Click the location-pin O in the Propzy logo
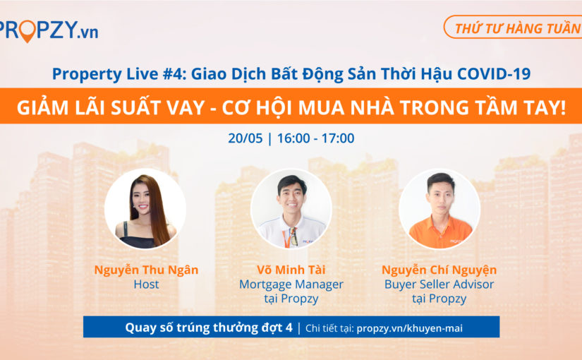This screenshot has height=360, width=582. tap(27, 30)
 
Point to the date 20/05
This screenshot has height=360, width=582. tap(242, 138)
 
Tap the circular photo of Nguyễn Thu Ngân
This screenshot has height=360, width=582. tap(145, 208)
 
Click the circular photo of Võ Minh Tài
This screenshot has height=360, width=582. tap(291, 208)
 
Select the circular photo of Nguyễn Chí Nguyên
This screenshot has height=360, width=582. tap(439, 208)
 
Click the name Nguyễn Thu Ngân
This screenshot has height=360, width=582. tap(146, 270)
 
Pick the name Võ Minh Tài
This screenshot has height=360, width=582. tap(291, 270)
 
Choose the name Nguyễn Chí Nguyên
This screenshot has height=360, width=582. tap(439, 270)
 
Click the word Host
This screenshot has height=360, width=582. tap(146, 284)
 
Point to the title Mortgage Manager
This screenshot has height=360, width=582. tap(291, 284)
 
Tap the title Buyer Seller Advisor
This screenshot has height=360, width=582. tap(439, 284)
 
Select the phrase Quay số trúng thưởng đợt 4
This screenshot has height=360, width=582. tap(208, 328)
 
